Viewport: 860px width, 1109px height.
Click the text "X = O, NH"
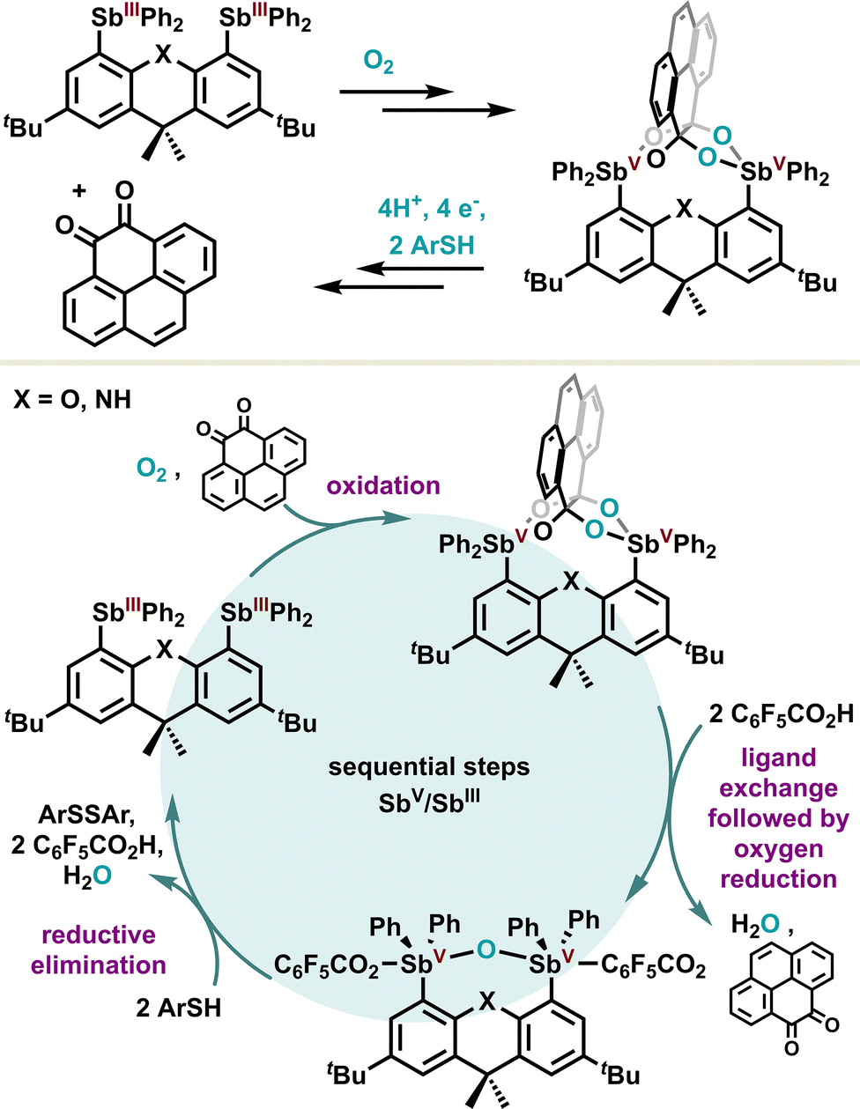pyautogui.click(x=72, y=400)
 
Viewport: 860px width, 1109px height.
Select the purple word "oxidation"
pyautogui.click(x=383, y=485)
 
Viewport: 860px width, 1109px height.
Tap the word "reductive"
pyautogui.click(x=99, y=935)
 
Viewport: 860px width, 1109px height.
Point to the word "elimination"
pyautogui.click(x=99, y=965)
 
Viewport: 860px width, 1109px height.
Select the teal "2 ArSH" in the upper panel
pyautogui.click(x=431, y=245)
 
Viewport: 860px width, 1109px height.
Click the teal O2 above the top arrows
pyautogui.click(x=378, y=63)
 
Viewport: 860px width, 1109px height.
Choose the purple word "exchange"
pyautogui.click(x=778, y=788)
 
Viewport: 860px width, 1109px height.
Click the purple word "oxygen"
pyautogui.click(x=778, y=849)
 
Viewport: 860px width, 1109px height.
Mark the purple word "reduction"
pyautogui.click(x=778, y=879)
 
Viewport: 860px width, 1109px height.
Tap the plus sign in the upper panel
pyautogui.click(x=79, y=191)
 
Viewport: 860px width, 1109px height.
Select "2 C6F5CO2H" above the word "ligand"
pyautogui.click(x=782, y=715)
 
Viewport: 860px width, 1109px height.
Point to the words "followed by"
pyautogui.click(x=778, y=818)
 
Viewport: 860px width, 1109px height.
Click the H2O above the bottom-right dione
pyautogui.click(x=755, y=923)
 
